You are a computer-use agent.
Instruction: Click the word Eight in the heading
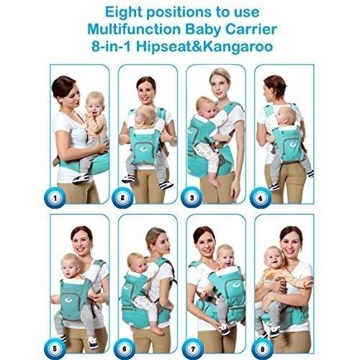[x=123, y=13]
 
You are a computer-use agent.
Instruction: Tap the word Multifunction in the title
[x=134, y=30]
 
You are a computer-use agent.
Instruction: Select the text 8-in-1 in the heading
[x=111, y=47]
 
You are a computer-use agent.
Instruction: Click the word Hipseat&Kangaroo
[x=204, y=47]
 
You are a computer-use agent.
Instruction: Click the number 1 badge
[x=55, y=198]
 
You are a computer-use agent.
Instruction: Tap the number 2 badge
[x=122, y=198]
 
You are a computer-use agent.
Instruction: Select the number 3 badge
[x=192, y=198]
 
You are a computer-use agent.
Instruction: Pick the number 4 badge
[x=261, y=198]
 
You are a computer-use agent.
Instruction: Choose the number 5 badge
[x=55, y=348]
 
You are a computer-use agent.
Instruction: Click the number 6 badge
[x=125, y=348]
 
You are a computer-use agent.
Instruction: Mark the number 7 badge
[x=193, y=348]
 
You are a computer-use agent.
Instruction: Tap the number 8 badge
[x=262, y=348]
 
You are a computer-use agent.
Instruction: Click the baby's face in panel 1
[x=94, y=107]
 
